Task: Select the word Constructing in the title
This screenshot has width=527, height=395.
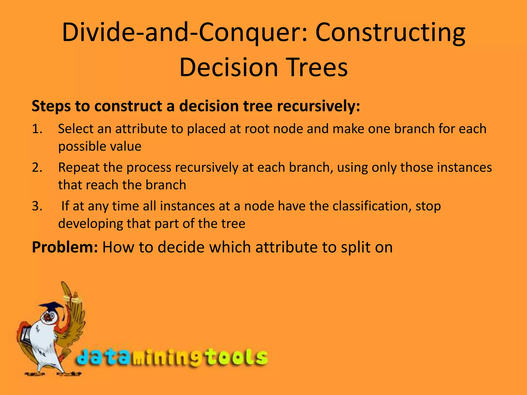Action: pyautogui.click(x=390, y=33)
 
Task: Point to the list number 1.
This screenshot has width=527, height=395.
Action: pyautogui.click(x=37, y=129)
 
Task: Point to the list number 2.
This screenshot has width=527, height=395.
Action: pyautogui.click(x=37, y=167)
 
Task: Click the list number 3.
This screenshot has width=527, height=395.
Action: pyautogui.click(x=37, y=206)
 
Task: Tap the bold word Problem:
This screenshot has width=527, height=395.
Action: pyautogui.click(x=65, y=247)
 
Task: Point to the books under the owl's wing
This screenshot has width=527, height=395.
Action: pyautogui.click(x=24, y=335)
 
